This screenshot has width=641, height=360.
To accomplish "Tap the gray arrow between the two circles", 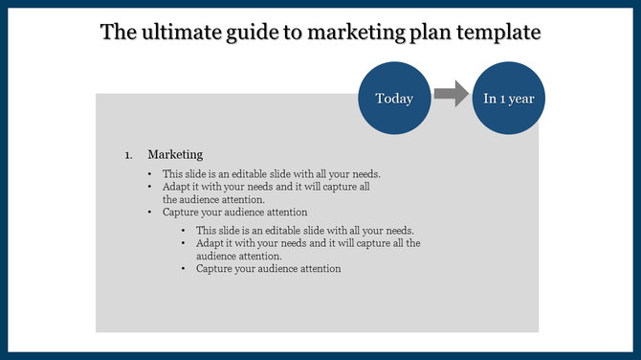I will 451,94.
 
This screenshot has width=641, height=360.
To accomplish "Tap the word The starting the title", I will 119,33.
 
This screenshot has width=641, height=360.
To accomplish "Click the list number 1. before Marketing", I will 129,155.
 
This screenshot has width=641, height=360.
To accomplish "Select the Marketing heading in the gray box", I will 175,154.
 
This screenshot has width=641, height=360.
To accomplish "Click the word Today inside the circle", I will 393,98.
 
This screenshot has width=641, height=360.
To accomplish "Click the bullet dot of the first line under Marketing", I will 150,174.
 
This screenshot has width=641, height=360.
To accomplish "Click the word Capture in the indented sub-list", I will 215,269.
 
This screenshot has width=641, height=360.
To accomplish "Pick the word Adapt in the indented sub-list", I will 210,243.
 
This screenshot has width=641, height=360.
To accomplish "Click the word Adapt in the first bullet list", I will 177,187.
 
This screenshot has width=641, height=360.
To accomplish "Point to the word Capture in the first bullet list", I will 182,212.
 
